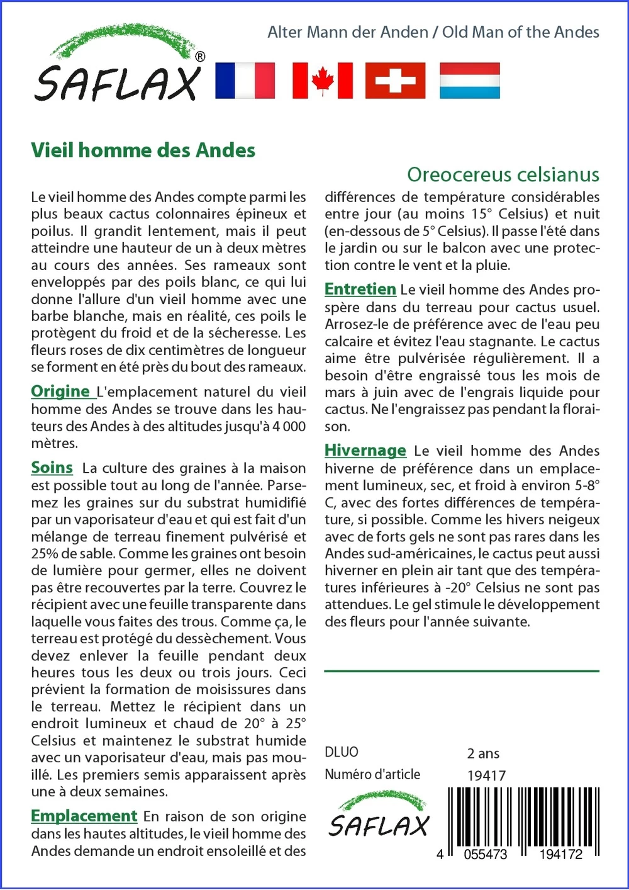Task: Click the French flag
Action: point(245,81)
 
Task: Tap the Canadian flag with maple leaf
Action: point(322,81)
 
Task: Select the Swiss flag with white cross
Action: point(395,81)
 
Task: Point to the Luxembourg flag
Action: point(469,81)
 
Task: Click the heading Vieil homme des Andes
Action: point(143,150)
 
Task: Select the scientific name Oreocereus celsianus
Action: point(503,174)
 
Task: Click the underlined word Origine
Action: point(61,391)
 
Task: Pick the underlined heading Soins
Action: point(52,468)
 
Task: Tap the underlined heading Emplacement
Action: point(84,816)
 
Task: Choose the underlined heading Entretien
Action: point(360,289)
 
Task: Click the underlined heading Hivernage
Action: point(365,450)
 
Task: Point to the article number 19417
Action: point(486,775)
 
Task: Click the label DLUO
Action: point(342,752)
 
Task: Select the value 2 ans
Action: point(483,753)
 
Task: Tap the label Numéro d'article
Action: point(372,774)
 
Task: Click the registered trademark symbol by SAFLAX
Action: point(200,57)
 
